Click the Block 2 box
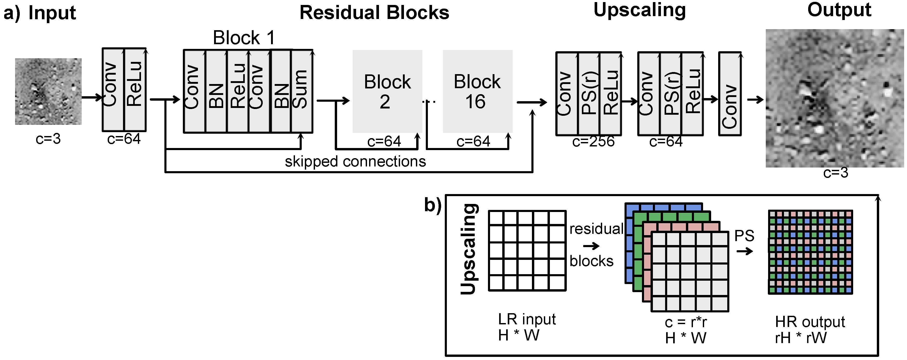point(387,91)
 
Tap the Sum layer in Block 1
point(302,91)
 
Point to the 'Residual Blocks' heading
point(374,13)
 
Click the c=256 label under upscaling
point(593,142)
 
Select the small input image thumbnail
point(48,91)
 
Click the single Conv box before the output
point(730,94)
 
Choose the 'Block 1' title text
point(244,38)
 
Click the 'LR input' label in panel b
point(527,319)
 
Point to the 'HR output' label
point(809,322)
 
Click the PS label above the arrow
point(744,236)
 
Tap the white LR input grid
point(527,250)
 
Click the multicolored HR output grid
point(810,252)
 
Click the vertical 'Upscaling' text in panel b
point(469,249)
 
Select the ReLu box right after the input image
point(135,89)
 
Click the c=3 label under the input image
point(48,139)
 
